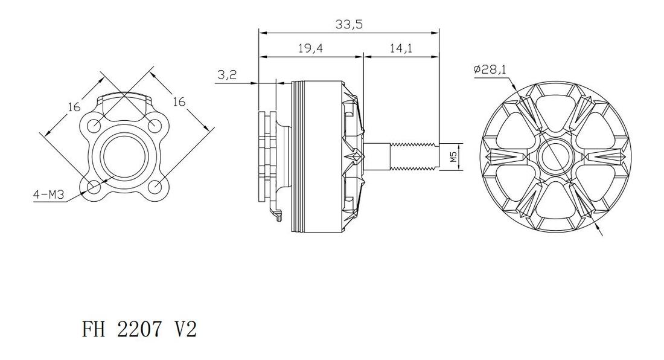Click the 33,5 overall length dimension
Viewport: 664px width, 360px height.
(x=350, y=25)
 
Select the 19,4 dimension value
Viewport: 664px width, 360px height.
(x=310, y=48)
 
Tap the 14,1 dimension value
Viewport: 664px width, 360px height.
(x=401, y=48)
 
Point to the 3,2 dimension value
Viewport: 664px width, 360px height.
(x=227, y=75)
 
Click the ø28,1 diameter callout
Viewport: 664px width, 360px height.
(x=490, y=69)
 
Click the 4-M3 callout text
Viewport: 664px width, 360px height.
(x=49, y=195)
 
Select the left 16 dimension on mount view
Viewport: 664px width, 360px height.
(x=74, y=107)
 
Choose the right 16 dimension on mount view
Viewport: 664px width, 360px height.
(x=179, y=101)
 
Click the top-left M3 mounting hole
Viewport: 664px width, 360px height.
(x=94, y=126)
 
